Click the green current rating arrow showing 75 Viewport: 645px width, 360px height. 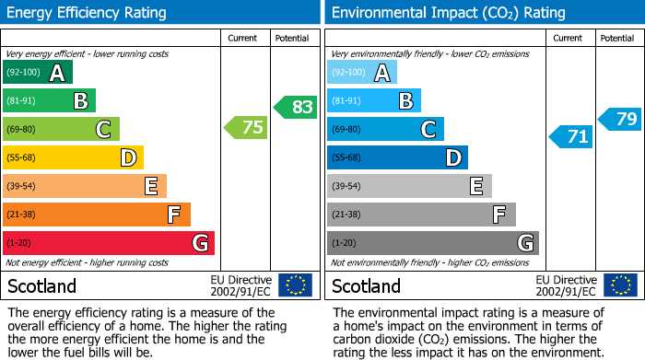[x=247, y=128]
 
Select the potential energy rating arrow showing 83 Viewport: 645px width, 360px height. [x=296, y=107]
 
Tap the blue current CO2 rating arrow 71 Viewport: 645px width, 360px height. [x=571, y=137]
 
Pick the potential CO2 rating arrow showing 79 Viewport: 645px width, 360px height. [x=620, y=119]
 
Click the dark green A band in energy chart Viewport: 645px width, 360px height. [x=38, y=73]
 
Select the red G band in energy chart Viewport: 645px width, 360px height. [x=109, y=243]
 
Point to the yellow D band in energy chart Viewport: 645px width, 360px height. [x=73, y=157]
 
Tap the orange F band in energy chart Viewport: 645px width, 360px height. [x=97, y=215]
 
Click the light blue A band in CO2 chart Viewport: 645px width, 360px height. [x=362, y=73]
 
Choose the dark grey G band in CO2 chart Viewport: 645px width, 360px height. [x=432, y=243]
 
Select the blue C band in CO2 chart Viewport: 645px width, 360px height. [x=385, y=130]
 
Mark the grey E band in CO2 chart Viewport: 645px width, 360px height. [x=409, y=186]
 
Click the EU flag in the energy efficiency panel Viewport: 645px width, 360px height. [x=295, y=285]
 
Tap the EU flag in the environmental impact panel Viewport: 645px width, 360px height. [x=619, y=285]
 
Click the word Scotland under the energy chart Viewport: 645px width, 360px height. [x=41, y=285]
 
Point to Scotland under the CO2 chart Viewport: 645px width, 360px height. [x=366, y=285]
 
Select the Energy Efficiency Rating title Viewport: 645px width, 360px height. [x=88, y=13]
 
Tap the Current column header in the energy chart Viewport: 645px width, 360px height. [x=244, y=38]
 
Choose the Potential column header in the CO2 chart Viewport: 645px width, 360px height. [x=617, y=38]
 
